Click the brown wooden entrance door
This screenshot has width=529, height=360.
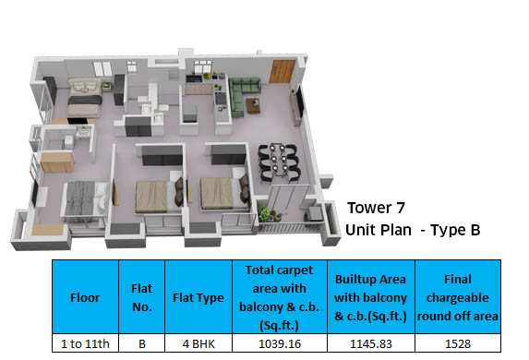click(x=283, y=71)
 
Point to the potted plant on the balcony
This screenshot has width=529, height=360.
click(x=268, y=214)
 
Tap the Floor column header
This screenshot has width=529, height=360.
click(x=85, y=297)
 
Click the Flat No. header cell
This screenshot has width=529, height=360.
click(x=141, y=297)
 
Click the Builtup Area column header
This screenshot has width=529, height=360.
click(x=369, y=297)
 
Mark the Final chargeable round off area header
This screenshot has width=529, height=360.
click(x=458, y=297)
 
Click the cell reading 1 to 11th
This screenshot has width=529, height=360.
click(x=85, y=343)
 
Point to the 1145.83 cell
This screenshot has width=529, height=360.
click(x=369, y=343)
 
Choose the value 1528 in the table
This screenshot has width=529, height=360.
click(x=458, y=343)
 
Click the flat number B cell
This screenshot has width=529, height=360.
click(x=141, y=343)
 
